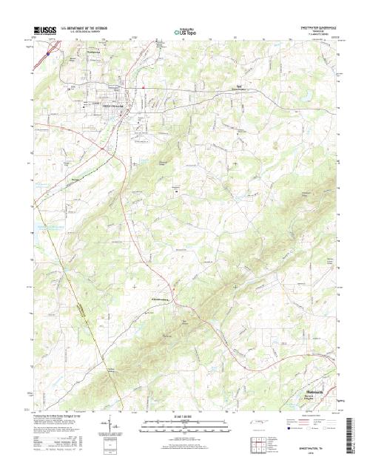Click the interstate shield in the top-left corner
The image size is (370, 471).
[47, 53]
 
